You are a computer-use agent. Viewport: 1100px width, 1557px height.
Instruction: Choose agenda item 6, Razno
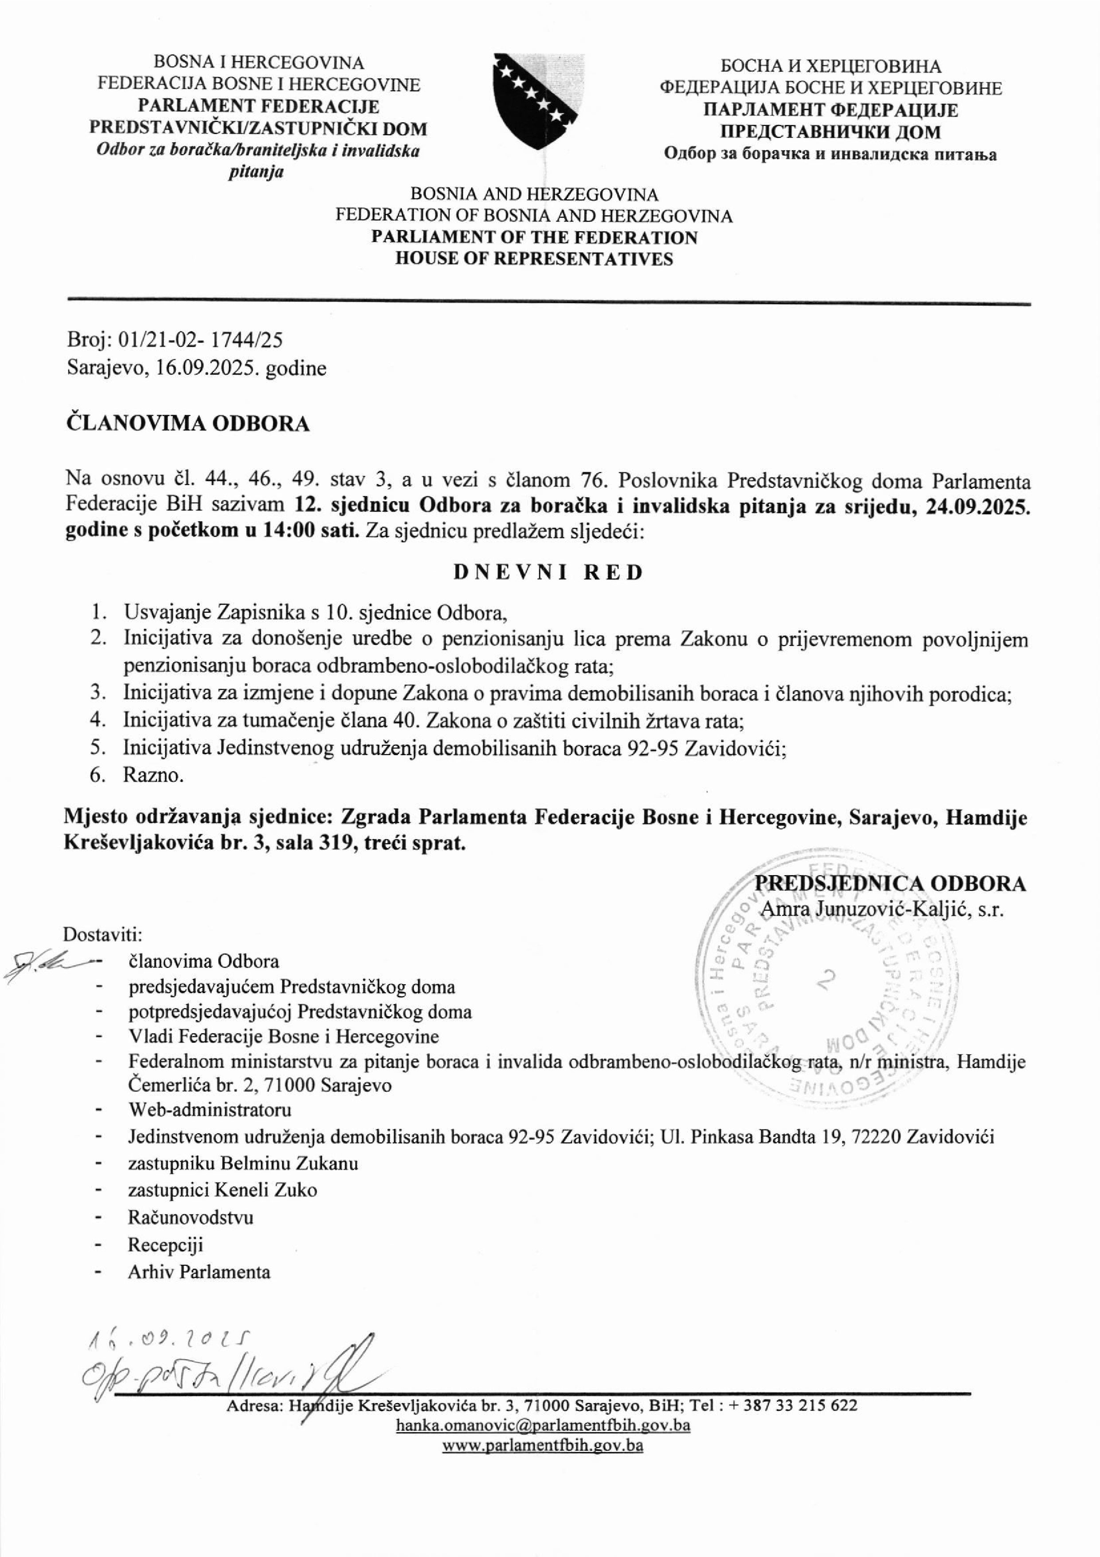(x=153, y=775)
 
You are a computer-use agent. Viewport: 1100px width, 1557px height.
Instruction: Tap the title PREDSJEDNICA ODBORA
(x=890, y=884)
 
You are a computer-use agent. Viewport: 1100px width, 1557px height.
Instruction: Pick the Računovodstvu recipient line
(x=191, y=1217)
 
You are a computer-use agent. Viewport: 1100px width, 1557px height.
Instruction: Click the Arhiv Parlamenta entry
(x=199, y=1271)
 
